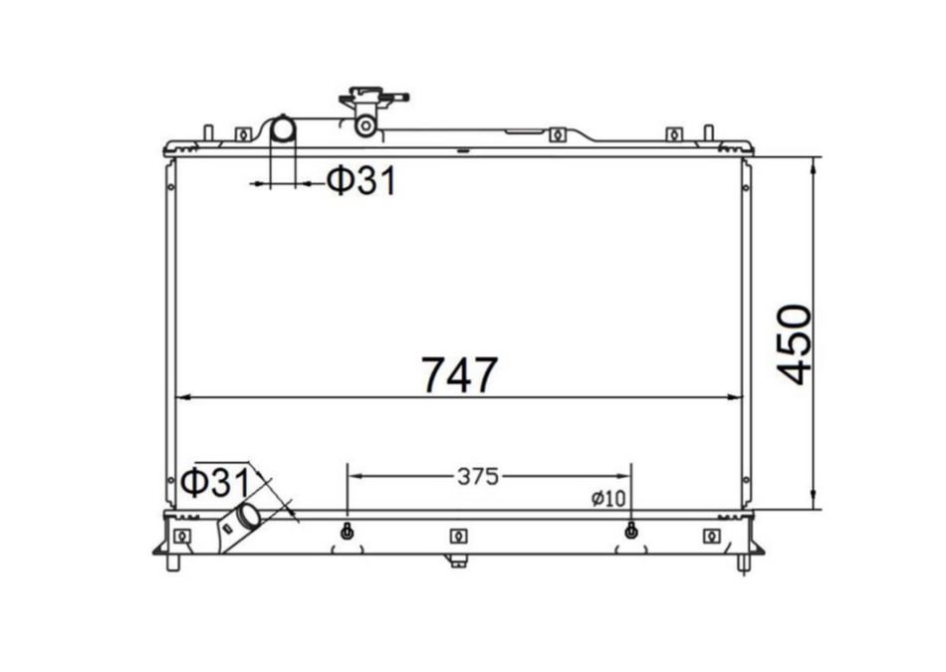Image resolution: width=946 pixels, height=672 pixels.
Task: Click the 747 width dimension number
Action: point(459,374)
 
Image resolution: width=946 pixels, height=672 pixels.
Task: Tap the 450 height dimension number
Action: point(796,344)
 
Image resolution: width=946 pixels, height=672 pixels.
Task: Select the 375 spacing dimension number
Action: point(478,477)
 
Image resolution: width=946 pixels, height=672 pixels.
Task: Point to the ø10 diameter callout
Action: point(607,499)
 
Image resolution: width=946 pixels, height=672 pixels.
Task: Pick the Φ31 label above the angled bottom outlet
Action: point(214,484)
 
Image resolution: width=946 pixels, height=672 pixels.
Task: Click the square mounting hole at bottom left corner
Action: point(181,537)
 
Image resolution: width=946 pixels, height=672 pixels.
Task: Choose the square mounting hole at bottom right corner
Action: point(710,537)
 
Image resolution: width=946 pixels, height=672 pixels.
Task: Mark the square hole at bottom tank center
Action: point(457,537)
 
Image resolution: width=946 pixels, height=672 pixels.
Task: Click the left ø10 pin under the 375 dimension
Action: point(347,532)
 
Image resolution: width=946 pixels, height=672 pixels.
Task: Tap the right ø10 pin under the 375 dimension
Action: point(630,532)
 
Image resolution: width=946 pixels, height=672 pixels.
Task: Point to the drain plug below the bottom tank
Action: point(457,560)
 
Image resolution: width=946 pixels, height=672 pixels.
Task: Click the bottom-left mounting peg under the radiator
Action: point(173,562)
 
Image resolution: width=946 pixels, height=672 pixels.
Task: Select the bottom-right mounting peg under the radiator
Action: point(743,562)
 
